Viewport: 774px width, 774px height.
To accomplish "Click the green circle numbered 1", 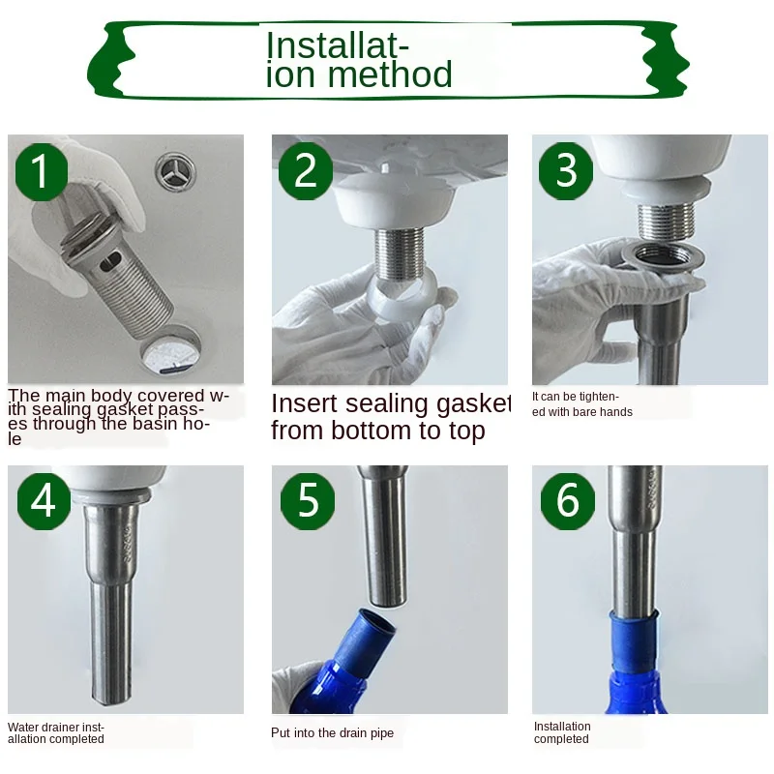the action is [42, 172].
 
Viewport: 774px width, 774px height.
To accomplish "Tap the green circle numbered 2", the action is [306, 171].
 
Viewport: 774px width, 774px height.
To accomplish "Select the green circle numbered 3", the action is [566, 171].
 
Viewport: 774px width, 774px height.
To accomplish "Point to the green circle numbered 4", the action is [44, 501].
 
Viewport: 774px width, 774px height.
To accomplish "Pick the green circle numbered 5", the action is [308, 501].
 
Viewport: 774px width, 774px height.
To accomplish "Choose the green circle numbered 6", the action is [568, 501].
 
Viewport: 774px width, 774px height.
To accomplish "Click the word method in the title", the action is [390, 74].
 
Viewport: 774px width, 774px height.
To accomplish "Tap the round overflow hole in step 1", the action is [176, 171].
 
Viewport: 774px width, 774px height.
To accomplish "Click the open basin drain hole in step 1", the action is [171, 350].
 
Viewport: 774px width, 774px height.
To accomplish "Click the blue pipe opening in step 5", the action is [377, 621].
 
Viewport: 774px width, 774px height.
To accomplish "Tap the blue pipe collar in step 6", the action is [634, 641].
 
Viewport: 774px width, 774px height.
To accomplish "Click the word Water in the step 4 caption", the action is [22, 728].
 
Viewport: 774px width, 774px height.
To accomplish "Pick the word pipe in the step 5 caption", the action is [383, 733].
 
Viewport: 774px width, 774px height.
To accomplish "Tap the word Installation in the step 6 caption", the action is [562, 727].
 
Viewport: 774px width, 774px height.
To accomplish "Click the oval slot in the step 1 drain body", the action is [110, 262].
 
